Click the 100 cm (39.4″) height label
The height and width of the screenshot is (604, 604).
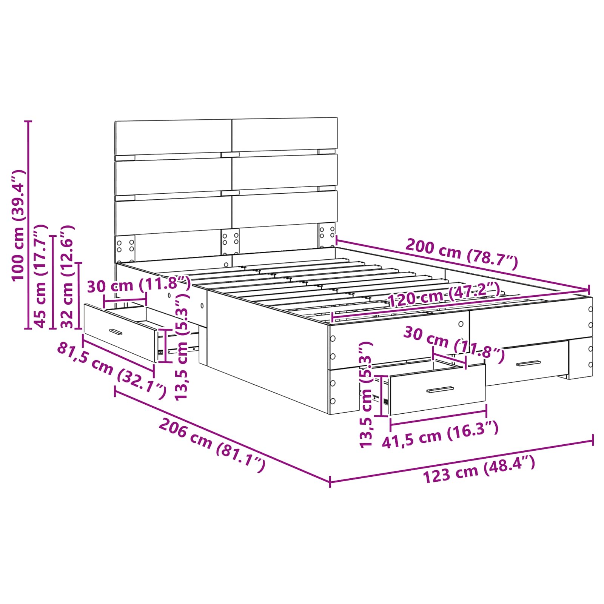click(x=18, y=225)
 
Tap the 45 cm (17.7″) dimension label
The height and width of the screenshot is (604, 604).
click(x=41, y=276)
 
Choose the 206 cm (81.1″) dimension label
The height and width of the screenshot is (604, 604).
click(x=212, y=445)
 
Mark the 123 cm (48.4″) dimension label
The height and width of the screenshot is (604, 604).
click(x=479, y=470)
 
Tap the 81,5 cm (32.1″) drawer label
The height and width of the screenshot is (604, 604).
click(x=111, y=370)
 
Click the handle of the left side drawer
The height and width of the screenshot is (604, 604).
click(x=116, y=332)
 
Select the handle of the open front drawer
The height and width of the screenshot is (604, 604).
click(x=440, y=390)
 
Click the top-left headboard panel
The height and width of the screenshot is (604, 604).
click(x=173, y=137)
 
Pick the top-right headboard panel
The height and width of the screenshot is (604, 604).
click(x=285, y=134)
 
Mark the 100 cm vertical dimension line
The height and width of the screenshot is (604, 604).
click(x=28, y=225)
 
